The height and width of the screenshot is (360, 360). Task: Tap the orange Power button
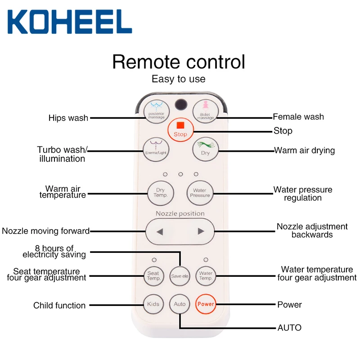coord(206,304)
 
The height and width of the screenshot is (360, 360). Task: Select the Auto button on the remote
coord(180,304)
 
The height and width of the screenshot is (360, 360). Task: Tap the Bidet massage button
coord(205,111)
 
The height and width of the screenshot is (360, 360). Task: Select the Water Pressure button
coord(200,193)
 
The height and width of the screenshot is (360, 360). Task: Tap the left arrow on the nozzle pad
coord(159,232)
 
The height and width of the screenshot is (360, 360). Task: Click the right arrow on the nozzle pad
coord(201,232)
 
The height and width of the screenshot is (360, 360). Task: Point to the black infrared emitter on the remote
coord(180,103)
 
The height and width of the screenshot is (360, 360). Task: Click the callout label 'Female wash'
coord(298,117)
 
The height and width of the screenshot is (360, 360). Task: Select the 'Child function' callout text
coord(59,306)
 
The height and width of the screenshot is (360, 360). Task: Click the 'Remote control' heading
coord(179,62)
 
